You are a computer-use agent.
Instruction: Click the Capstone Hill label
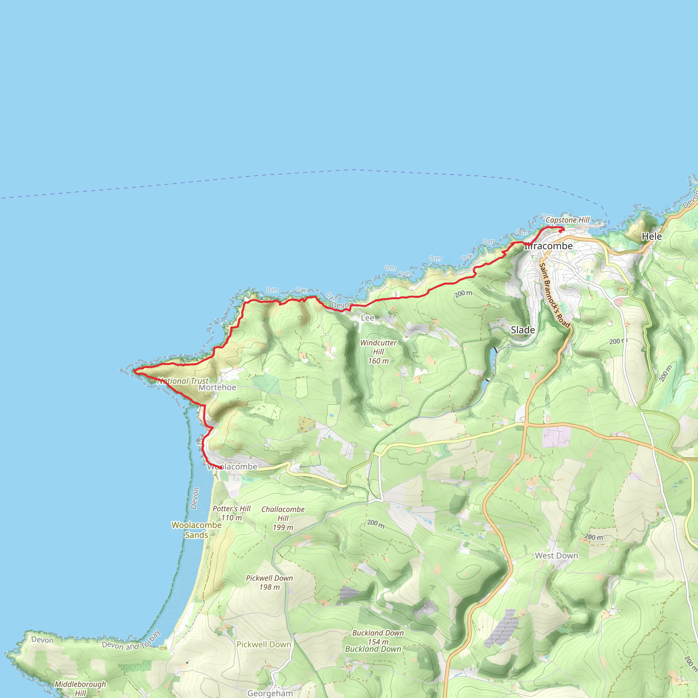(567, 220)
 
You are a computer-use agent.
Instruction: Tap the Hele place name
(651, 236)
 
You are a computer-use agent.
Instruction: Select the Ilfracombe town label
(548, 246)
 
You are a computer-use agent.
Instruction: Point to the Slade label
(523, 330)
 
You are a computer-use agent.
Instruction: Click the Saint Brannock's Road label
(554, 295)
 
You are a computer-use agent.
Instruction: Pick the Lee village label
(367, 318)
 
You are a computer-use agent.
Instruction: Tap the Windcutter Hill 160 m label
(378, 351)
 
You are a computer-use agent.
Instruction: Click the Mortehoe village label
(217, 387)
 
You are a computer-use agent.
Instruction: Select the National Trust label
(183, 381)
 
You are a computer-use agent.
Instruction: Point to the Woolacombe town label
(232, 467)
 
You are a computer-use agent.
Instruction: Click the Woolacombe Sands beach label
(196, 530)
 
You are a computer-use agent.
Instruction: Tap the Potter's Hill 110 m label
(231, 513)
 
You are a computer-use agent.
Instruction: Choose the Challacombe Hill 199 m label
(283, 518)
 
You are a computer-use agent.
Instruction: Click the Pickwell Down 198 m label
(269, 582)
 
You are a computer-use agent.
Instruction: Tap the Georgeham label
(270, 693)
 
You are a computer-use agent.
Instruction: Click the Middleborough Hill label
(80, 688)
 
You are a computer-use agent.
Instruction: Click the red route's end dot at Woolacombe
(221, 468)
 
